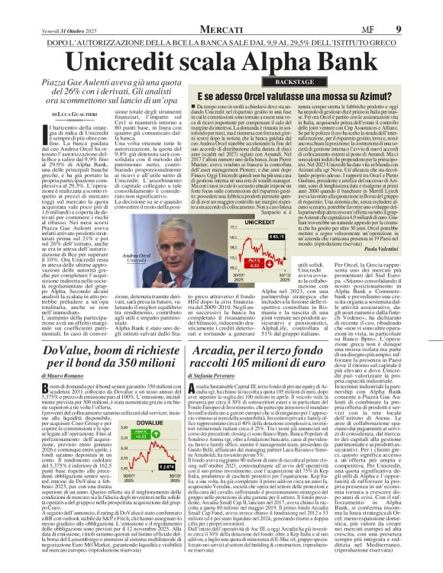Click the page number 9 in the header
pyautogui.click(x=419, y=7)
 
